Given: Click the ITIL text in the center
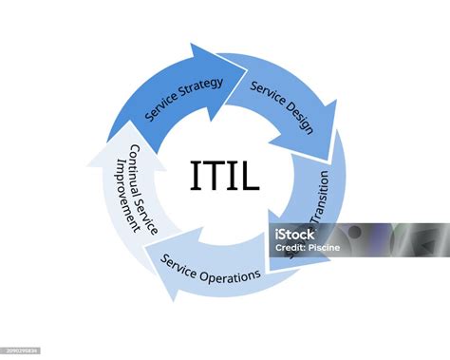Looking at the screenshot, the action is pyautogui.click(x=224, y=176).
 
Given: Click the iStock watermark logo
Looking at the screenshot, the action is pyautogui.click(x=295, y=234).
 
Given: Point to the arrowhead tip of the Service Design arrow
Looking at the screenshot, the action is pyautogui.click(x=331, y=159).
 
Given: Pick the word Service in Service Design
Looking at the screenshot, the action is pyautogui.click(x=265, y=89).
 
